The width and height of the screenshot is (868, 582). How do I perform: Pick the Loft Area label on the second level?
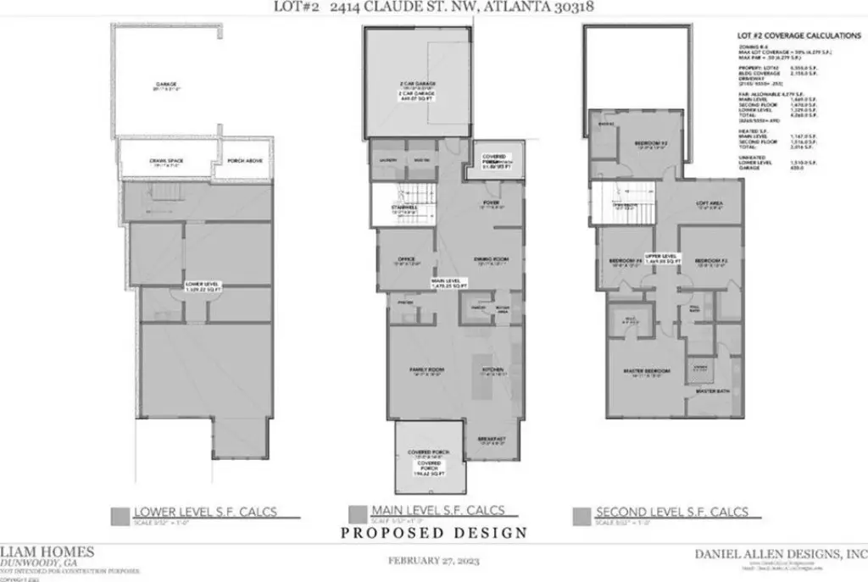pos(708,204)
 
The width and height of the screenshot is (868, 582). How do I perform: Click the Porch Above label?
pos(241,163)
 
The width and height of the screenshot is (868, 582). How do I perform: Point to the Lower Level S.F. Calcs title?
pos(206,512)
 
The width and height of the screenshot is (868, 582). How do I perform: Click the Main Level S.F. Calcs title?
pos(438,510)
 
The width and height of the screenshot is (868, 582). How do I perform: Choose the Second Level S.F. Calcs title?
pos(671,512)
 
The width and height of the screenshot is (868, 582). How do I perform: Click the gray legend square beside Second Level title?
pos(581,513)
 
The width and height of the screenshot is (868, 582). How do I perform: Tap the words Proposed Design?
pos(434,533)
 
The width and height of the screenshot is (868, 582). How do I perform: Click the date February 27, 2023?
pos(433,560)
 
